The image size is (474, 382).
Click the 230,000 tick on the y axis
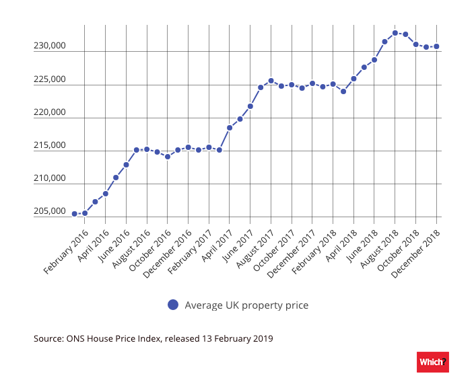tap(49, 46)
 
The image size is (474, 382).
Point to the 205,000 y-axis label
tap(49, 212)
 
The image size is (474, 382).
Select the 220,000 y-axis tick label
tap(49, 112)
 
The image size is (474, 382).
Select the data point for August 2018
tap(395, 33)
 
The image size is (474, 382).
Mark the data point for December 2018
tap(436, 46)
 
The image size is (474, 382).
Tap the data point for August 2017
tap(271, 81)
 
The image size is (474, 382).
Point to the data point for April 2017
tap(230, 128)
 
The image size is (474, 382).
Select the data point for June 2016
tap(126, 165)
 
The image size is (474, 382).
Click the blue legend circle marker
tap(173, 305)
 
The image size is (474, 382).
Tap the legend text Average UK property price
tap(246, 305)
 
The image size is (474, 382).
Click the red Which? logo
tap(433, 362)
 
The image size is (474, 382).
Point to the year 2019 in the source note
tap(263, 338)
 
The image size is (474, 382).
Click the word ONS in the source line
tap(78, 338)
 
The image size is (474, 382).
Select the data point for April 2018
tap(353, 79)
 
